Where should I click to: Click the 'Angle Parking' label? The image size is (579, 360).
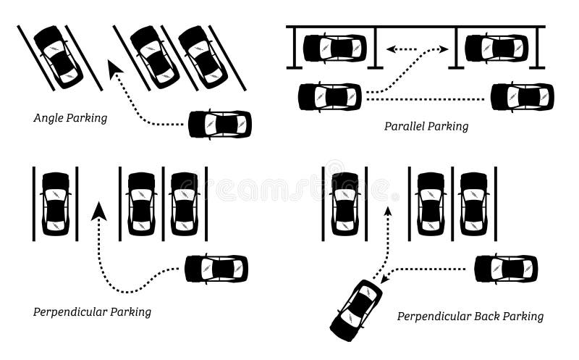(x=70, y=117)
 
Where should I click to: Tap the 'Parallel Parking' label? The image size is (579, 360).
(x=426, y=126)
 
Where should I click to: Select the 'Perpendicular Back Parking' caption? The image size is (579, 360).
(x=470, y=316)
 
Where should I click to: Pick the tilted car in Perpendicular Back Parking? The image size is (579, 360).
(x=356, y=309)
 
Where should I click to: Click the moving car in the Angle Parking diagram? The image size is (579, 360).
(x=220, y=124)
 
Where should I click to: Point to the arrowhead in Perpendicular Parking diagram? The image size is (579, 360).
(x=98, y=211)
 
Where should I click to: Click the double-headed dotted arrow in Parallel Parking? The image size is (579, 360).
(x=417, y=50)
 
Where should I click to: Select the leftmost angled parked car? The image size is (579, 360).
(x=58, y=56)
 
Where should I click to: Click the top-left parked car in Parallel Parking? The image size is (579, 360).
(x=334, y=48)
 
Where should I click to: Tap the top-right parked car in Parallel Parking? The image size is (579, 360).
(x=496, y=48)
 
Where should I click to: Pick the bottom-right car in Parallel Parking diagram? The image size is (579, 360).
(x=522, y=97)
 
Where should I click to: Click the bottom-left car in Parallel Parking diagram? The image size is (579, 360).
(x=330, y=96)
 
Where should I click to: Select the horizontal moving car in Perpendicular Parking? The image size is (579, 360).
(x=216, y=269)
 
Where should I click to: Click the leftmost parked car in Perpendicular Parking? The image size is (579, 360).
(x=56, y=204)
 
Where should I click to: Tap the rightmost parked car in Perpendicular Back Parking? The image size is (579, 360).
(x=474, y=204)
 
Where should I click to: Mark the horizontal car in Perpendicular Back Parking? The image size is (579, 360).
(x=506, y=269)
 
